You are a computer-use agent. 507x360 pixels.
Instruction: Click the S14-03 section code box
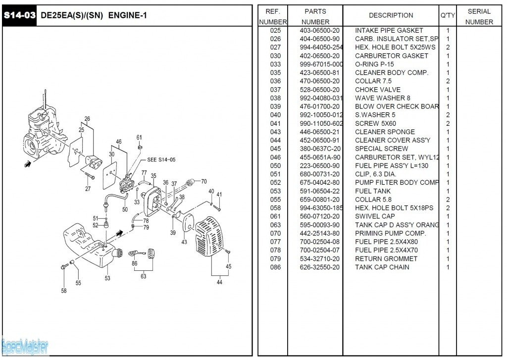tap(19, 15)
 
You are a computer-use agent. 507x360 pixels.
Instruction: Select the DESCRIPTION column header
tap(391, 15)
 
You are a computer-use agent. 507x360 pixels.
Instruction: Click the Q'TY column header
tap(448, 15)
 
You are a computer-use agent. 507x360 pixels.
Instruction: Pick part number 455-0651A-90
tap(320, 157)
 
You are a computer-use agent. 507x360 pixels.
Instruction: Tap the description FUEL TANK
tap(372, 191)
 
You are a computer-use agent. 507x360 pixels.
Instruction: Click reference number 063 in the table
tap(275, 225)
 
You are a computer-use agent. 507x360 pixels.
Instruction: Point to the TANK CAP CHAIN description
tap(382, 267)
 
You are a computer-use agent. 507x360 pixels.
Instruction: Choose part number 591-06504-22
tap(320, 191)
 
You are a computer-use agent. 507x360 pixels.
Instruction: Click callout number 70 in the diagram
tap(203, 181)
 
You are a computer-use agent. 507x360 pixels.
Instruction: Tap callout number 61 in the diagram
tap(139, 137)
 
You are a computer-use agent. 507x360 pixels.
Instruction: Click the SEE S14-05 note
tap(161, 160)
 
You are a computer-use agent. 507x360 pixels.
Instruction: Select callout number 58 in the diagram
tap(64, 291)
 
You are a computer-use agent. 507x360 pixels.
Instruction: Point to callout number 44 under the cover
tap(219, 283)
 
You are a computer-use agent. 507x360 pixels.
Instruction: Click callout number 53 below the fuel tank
tap(107, 278)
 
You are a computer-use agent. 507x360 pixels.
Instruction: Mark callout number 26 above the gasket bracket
tap(87, 119)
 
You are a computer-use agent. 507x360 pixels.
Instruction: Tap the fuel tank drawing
tap(92, 245)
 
